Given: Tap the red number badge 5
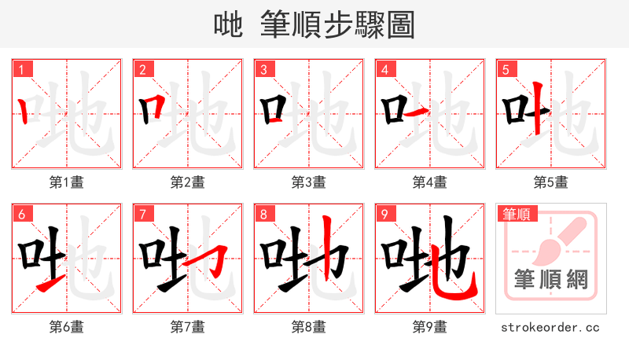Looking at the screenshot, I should [506, 69].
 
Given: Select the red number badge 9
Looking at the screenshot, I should [384, 214].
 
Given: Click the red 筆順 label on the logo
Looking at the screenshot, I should [516, 214].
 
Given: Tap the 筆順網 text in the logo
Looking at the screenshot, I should [550, 280].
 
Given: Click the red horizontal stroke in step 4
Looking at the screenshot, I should [419, 112].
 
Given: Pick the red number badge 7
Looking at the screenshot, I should [142, 214].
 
